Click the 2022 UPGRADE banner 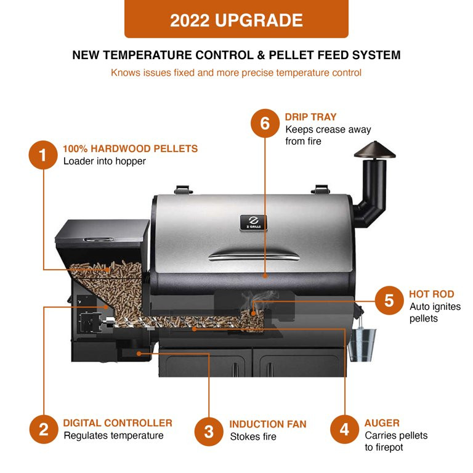tap(236, 20)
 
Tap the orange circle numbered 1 tap(43, 155)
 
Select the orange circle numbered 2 tap(43, 429)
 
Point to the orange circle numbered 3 tap(209, 431)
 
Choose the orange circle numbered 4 tap(344, 429)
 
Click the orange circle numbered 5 tap(389, 301)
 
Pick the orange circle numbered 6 tap(265, 123)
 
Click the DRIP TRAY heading tap(310, 117)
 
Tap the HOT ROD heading tap(431, 294)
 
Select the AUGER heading tap(382, 423)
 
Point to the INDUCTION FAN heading tap(268, 424)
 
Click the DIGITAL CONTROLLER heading tap(118, 423)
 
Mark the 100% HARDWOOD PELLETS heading tap(131, 148)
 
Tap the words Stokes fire tap(253, 437)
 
